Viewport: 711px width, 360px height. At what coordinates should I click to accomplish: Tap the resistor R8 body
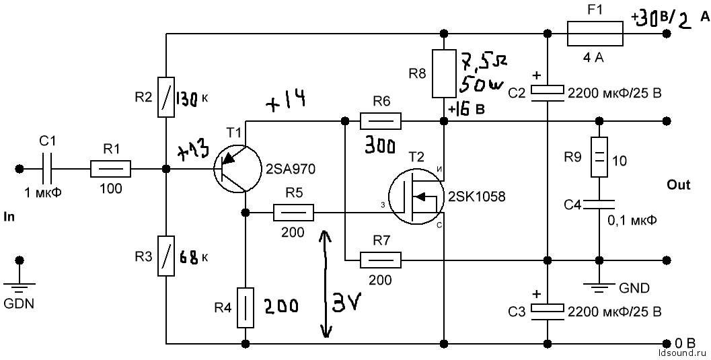443,73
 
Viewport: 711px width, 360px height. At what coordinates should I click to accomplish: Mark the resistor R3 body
165,255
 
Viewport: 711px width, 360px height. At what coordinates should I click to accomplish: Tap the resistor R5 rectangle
293,213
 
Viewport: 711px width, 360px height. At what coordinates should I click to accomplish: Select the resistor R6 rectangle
381,121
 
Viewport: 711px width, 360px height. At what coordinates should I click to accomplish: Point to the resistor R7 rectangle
381,260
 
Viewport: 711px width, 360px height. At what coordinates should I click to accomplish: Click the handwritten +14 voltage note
285,100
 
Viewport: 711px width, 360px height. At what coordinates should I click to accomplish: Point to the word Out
678,185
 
